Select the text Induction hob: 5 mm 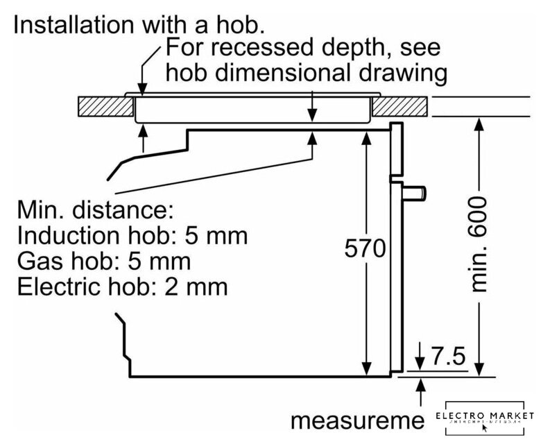[x=132, y=236]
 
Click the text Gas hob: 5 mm [x=104, y=262]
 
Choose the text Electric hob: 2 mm [x=121, y=287]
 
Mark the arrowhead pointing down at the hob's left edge [x=144, y=87]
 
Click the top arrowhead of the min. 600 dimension [x=477, y=126]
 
